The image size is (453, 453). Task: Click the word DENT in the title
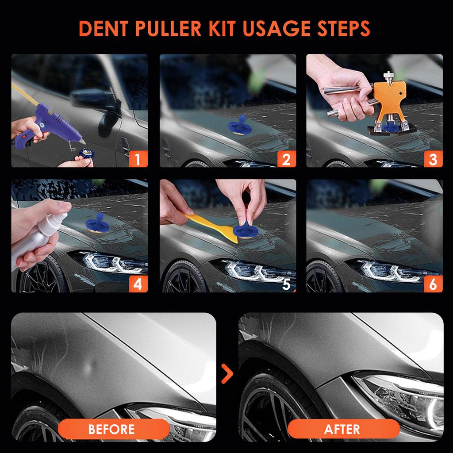tap(104, 28)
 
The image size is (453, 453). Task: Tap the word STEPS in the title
tap(343, 28)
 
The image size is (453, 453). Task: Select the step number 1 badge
tap(138, 159)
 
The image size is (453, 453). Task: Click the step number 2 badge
tap(286, 159)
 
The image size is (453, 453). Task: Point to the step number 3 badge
tap(433, 159)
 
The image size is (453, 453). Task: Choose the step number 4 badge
tap(138, 284)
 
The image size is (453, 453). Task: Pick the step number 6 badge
tap(433, 284)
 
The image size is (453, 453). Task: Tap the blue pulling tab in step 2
tap(239, 125)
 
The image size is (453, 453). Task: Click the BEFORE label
tap(111, 429)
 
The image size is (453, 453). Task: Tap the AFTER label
tap(342, 429)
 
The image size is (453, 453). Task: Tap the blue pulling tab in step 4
tap(97, 223)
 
